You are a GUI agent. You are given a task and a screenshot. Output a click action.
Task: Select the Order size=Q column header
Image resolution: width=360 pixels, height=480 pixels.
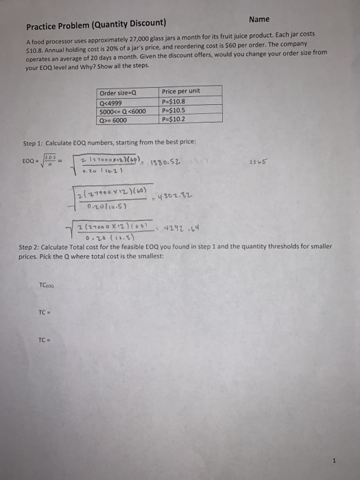click(117, 93)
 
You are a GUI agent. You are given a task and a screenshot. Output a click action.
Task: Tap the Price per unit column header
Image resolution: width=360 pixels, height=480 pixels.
click(181, 91)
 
